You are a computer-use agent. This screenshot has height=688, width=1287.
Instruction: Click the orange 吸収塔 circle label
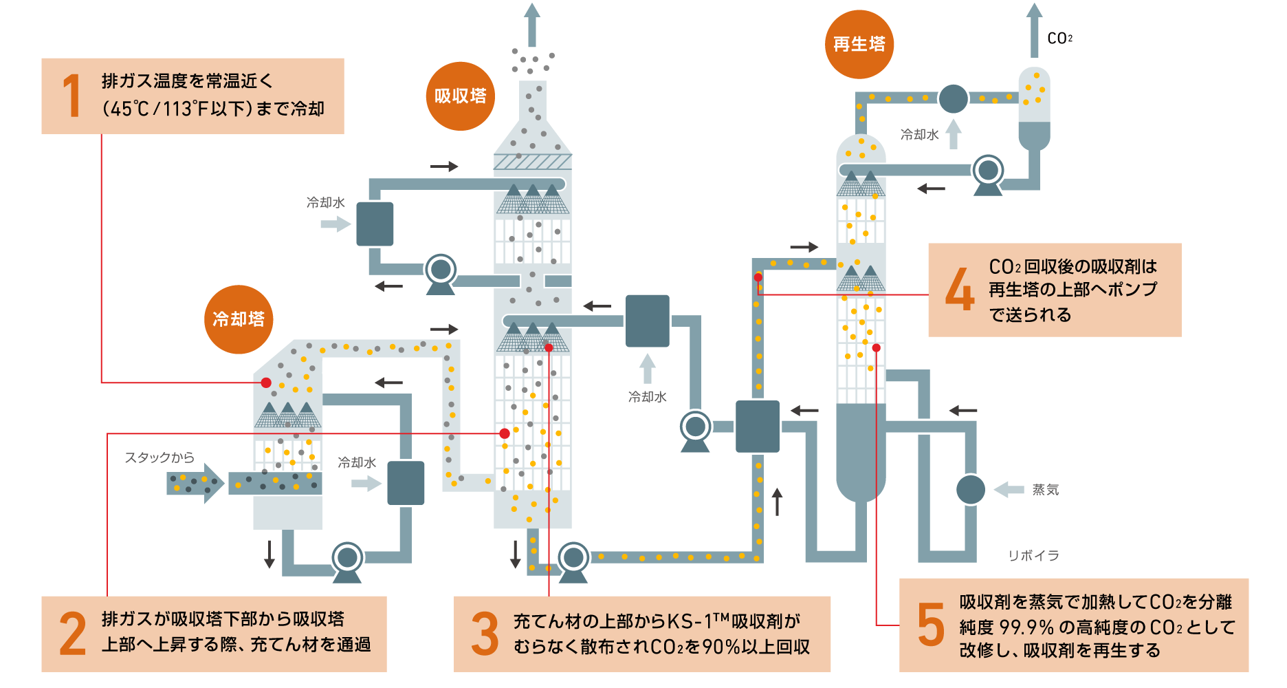point(461,96)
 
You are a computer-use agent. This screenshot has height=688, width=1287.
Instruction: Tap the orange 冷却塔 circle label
point(239,319)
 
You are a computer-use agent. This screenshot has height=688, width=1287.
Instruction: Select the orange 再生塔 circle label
point(859,45)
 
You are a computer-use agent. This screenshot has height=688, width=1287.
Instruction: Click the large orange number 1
point(71,96)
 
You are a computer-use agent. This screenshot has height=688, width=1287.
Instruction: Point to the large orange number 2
point(73,634)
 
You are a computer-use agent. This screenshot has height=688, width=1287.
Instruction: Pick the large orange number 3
point(485,634)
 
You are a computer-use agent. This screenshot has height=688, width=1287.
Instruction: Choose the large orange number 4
point(960,290)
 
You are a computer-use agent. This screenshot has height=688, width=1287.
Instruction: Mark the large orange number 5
point(931,625)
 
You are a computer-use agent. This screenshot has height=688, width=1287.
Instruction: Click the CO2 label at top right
point(1059,39)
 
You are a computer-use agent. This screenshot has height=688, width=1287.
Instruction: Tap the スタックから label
point(159,458)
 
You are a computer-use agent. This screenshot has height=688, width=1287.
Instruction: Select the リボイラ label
point(1033,555)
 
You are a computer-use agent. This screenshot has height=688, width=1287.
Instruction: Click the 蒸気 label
point(1045,490)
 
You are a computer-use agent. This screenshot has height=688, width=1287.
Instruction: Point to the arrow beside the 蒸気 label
point(1009,490)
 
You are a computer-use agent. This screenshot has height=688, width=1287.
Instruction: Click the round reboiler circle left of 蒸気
point(971,490)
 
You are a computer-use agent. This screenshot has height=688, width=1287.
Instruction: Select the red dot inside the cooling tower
point(266,383)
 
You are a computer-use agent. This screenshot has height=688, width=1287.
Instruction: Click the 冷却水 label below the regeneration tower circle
point(919,135)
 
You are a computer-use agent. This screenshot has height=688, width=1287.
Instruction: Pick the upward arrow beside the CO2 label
point(1034,29)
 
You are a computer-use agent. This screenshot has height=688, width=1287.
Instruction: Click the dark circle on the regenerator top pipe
point(953,98)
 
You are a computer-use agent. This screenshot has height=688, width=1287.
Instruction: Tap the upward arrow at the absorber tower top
point(531,24)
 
